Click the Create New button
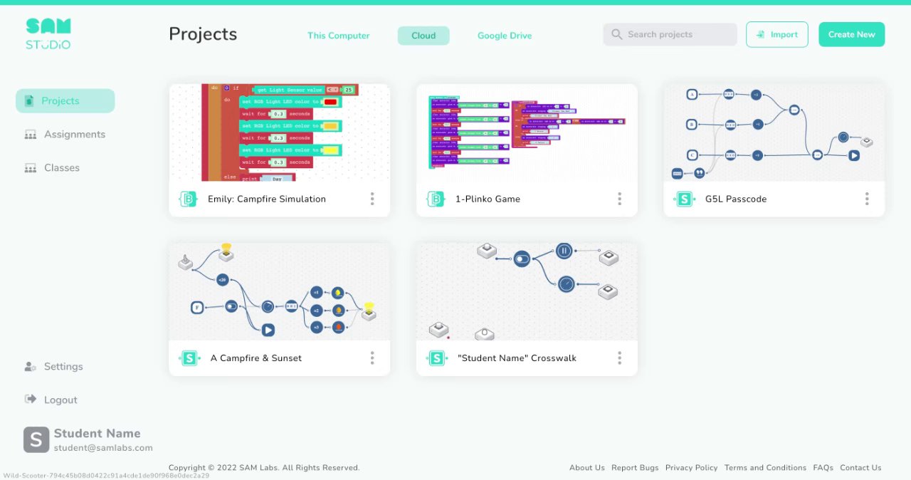pyautogui.click(x=851, y=34)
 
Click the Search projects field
pyautogui.click(x=670, y=34)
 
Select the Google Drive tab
pyautogui.click(x=504, y=36)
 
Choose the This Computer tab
pyautogui.click(x=338, y=36)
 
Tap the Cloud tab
pyautogui.click(x=423, y=36)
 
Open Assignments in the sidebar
pyautogui.click(x=74, y=134)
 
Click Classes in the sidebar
pyautogui.click(x=61, y=167)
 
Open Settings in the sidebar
pyautogui.click(x=63, y=366)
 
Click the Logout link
pyautogui.click(x=60, y=400)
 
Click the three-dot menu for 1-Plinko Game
pyautogui.click(x=619, y=199)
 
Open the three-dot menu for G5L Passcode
pyautogui.click(x=867, y=199)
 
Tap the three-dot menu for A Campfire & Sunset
pyautogui.click(x=372, y=358)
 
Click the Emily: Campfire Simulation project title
pyautogui.click(x=266, y=199)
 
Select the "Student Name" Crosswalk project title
pyautogui.click(x=517, y=358)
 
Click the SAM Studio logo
pyautogui.click(x=48, y=34)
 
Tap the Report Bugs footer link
pyautogui.click(x=635, y=468)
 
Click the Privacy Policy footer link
pyautogui.click(x=691, y=468)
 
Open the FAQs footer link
pyautogui.click(x=823, y=468)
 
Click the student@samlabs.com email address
pyautogui.click(x=103, y=448)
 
